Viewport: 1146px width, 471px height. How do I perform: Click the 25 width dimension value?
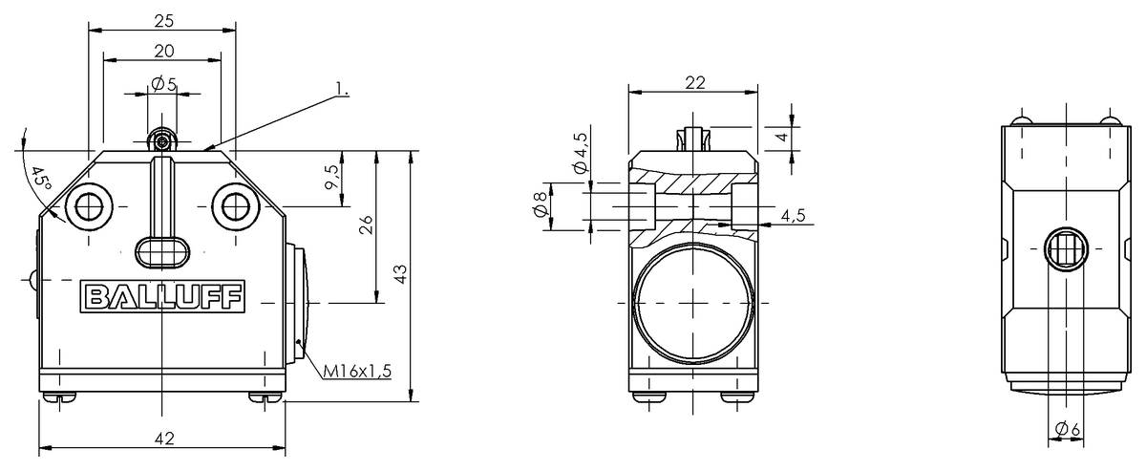coord(162,20)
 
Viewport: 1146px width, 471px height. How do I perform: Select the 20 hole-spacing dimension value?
coord(162,51)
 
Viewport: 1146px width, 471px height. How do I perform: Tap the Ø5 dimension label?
coord(163,84)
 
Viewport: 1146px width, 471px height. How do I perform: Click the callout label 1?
coord(342,92)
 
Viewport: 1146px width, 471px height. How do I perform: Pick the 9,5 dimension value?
coord(331,178)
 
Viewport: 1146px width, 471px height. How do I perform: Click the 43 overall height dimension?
coord(401,274)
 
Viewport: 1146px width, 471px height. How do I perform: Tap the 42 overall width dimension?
coord(163,439)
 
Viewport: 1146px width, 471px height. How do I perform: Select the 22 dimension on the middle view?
coord(694,83)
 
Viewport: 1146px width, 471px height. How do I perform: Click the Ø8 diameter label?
coord(540,205)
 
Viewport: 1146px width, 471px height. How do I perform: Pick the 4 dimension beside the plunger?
coord(782,138)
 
